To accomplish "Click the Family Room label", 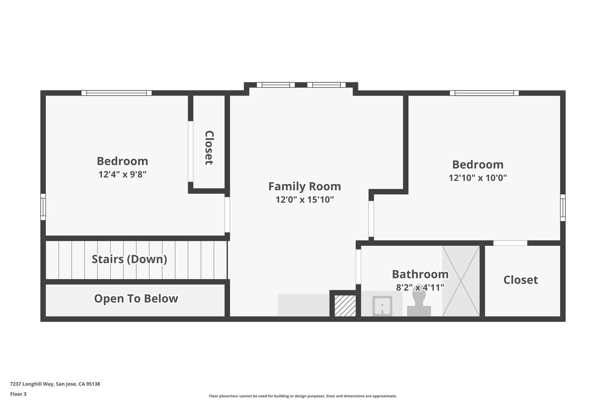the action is coord(304,187).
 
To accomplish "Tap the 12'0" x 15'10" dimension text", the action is coord(304,200).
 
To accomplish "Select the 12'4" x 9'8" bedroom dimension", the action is coord(122,174).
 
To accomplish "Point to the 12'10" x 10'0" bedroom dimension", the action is coord(478,178).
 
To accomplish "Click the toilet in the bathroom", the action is coord(419,303).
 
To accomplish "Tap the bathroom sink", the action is coord(382,306).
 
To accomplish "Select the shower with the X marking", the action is coord(461,281).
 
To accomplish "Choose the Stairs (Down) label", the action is coord(129,259).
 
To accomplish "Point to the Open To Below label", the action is coord(136,298).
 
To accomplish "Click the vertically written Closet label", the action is coord(209,148).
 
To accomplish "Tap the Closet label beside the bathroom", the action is coord(520,280).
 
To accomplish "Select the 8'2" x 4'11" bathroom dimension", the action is coord(420,287).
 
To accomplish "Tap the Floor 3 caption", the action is coord(18,394).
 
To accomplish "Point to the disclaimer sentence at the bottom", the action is coord(303,396).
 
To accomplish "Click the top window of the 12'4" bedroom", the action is coord(116,93).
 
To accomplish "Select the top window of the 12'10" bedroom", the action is coord(484,93).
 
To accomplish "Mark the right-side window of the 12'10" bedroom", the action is coord(563,207).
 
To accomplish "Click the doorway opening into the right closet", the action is coord(510,243).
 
